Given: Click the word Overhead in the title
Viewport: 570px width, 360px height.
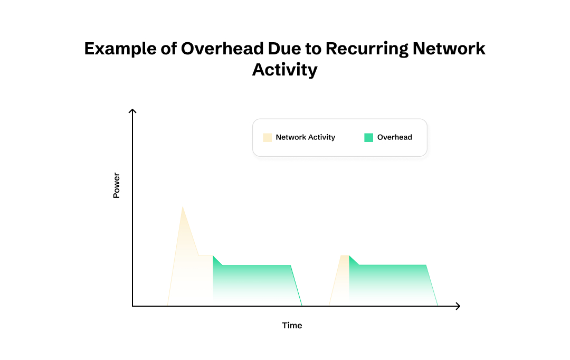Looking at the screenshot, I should coord(222,49).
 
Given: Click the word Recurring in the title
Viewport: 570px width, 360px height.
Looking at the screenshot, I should coord(366,49).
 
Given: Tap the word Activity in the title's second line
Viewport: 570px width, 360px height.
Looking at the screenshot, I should coord(285,69).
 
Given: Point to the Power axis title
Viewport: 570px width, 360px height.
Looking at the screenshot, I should coord(117,185).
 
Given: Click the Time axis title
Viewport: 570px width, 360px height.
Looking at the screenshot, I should coord(292,325).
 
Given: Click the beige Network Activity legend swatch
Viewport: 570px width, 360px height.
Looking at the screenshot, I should coord(268,137).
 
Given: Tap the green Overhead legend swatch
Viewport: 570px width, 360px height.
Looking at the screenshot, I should coord(368,137).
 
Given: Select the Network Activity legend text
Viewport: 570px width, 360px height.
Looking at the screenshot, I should coord(305,137).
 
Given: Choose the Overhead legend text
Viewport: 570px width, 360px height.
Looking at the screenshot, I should coord(394,137).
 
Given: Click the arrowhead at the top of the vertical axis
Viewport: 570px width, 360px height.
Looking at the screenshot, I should coord(132,111).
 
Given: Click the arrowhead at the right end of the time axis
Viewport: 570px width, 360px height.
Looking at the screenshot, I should coord(458,306).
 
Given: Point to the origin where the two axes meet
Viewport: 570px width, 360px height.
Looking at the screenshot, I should coord(132,306).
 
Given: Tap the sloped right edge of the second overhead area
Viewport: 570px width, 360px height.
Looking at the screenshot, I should coord(432,285).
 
